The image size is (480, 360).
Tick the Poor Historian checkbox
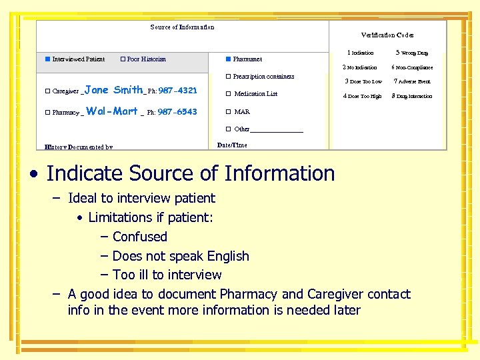click(x=123, y=59)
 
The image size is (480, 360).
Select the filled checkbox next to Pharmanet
click(x=228, y=59)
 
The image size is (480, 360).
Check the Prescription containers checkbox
click(x=228, y=77)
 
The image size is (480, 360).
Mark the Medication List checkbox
click(x=228, y=94)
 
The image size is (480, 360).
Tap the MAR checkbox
click(x=228, y=112)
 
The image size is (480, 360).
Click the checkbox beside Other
click(x=228, y=129)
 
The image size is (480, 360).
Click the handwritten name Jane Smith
click(x=114, y=90)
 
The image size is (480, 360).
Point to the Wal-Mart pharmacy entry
click(x=112, y=111)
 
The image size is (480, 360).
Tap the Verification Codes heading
click(x=387, y=35)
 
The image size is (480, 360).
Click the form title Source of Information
click(x=182, y=27)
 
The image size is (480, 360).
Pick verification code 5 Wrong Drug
click(x=412, y=53)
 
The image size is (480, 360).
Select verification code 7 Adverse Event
click(x=412, y=81)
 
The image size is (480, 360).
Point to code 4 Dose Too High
click(x=362, y=96)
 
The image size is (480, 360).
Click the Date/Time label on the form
click(x=232, y=145)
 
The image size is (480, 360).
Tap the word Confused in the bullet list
click(x=140, y=237)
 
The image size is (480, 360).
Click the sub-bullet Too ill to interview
click(x=167, y=275)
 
